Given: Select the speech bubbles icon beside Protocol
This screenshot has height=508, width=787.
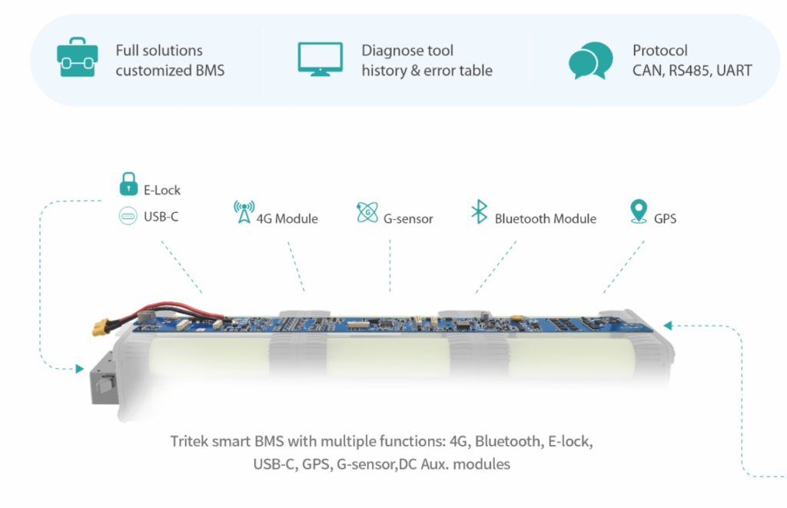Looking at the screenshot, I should [590, 60].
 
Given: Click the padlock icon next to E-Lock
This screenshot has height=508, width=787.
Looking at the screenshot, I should [127, 184].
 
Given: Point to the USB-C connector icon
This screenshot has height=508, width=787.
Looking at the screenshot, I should [127, 216].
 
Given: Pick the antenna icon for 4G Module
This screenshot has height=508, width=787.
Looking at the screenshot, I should [244, 212].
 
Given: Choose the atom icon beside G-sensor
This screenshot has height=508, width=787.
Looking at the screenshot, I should [367, 213].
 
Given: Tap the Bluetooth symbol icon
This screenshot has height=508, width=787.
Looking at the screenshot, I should [479, 212].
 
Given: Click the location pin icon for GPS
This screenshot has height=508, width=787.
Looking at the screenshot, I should [637, 212].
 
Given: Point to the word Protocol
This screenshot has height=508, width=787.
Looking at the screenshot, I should [660, 51].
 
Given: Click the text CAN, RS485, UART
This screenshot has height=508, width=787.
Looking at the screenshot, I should [692, 71].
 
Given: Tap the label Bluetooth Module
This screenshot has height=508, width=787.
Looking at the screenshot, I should [545, 219].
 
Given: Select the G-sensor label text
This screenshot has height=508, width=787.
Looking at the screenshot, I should [408, 219].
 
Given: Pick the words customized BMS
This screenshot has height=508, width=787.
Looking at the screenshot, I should [170, 71].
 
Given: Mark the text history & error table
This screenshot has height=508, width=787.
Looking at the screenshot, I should [427, 71].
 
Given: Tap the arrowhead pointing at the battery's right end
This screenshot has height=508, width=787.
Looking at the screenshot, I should [667, 324].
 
